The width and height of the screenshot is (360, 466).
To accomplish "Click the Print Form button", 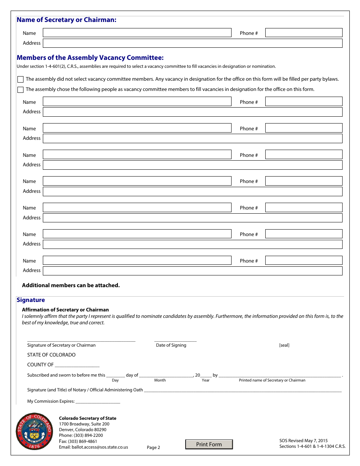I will click(209, 444).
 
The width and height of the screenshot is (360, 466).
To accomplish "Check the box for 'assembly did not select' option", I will click(20, 80).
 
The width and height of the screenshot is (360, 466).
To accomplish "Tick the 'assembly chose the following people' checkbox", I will click(20, 90).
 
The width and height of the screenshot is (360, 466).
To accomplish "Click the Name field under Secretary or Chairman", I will click(137, 33).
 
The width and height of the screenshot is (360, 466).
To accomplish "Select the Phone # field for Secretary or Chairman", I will click(304, 33).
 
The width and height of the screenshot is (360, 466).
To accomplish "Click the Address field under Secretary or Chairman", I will click(192, 43).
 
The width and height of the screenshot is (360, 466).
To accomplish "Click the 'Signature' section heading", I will click(31, 300).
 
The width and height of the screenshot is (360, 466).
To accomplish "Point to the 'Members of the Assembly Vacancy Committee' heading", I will click(90, 58).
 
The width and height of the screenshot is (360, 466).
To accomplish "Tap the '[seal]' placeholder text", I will click(284, 345).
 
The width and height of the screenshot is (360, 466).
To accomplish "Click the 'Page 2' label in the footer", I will click(153, 447).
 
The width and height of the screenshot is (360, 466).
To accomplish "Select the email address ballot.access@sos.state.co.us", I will click(100, 447).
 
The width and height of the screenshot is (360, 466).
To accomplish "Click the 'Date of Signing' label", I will click(171, 345).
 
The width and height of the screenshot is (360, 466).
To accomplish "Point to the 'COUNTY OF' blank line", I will click(77, 365).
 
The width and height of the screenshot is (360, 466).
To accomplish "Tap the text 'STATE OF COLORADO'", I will click(51, 355).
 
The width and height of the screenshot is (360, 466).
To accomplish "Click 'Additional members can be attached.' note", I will click(71, 285).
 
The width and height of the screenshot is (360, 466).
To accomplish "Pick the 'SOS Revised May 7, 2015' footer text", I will click(304, 441).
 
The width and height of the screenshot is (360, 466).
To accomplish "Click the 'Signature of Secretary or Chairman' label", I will click(61, 345).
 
